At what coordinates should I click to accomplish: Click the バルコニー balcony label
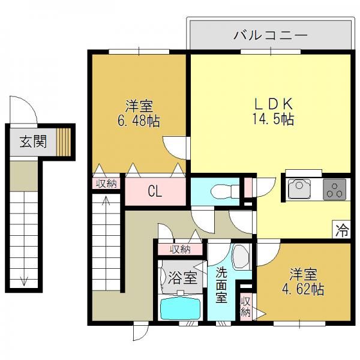270,35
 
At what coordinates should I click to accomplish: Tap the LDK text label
273,104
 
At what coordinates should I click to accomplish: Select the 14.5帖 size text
273,119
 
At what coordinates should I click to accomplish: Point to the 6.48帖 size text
139,121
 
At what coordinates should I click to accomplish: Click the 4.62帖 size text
303,290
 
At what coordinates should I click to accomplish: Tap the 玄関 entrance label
33,141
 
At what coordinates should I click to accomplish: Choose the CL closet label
155,191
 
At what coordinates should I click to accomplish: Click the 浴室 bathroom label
182,278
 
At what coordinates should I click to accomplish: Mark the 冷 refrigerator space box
341,230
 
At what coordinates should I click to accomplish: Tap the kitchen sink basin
299,189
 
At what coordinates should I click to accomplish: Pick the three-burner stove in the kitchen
335,190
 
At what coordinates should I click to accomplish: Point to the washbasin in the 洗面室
241,256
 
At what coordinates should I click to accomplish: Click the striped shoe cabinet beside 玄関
64,142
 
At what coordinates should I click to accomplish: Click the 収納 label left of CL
106,184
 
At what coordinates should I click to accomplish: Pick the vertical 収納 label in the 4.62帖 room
245,307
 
